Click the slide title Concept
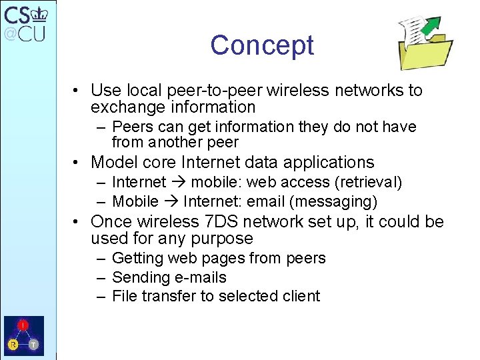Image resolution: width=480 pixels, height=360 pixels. pos(262,45)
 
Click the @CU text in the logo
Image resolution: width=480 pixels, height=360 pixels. pos(25,33)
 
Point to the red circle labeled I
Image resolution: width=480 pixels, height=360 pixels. pos(23,325)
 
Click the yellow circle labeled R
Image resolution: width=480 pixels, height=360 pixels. pos(13,344)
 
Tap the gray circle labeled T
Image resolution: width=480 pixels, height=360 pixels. pos(33,344)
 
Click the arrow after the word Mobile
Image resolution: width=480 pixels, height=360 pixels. pos(171,201)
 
